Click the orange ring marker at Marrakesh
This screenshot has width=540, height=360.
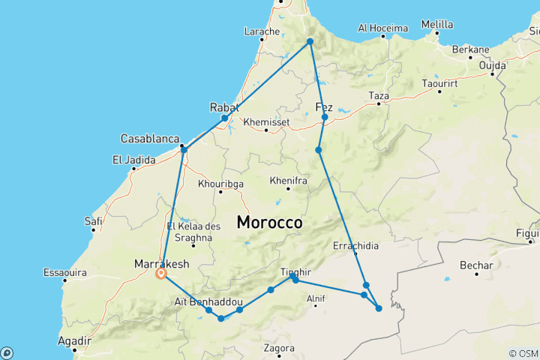tap(160, 274)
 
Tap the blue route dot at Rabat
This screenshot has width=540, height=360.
tap(224, 118)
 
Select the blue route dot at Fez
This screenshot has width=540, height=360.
tap(325, 118)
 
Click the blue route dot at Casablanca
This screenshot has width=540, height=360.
tap(184, 150)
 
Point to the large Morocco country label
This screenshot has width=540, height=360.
tap(269, 223)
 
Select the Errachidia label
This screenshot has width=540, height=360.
tap(356, 245)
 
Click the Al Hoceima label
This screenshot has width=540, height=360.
tap(382, 28)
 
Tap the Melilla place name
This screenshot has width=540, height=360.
tap(437, 24)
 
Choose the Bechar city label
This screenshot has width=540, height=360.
tap(477, 265)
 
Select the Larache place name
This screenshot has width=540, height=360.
tap(262, 31)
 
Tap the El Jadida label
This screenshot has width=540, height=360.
tap(133, 159)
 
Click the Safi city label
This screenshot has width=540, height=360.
tap(94, 220)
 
